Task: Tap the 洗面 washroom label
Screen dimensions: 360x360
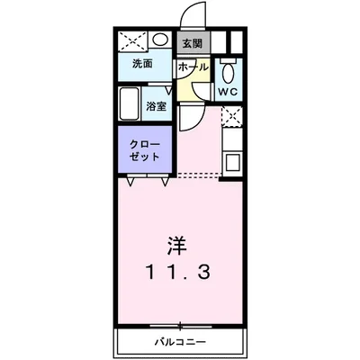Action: pyautogui.click(x=140, y=64)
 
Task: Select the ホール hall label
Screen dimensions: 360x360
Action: pyautogui.click(x=193, y=67)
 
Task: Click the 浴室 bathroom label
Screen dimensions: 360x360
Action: pyautogui.click(x=157, y=106)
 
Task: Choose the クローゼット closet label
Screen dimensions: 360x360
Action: pyautogui.click(x=144, y=151)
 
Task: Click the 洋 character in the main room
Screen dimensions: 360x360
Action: pyautogui.click(x=177, y=245)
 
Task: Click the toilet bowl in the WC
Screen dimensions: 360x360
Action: pyautogui.click(x=228, y=72)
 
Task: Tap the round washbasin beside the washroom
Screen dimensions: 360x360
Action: pyautogui.click(x=159, y=40)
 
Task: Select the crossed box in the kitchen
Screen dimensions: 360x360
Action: pyautogui.click(x=231, y=116)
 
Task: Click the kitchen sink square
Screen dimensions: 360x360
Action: pyautogui.click(x=231, y=163)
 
